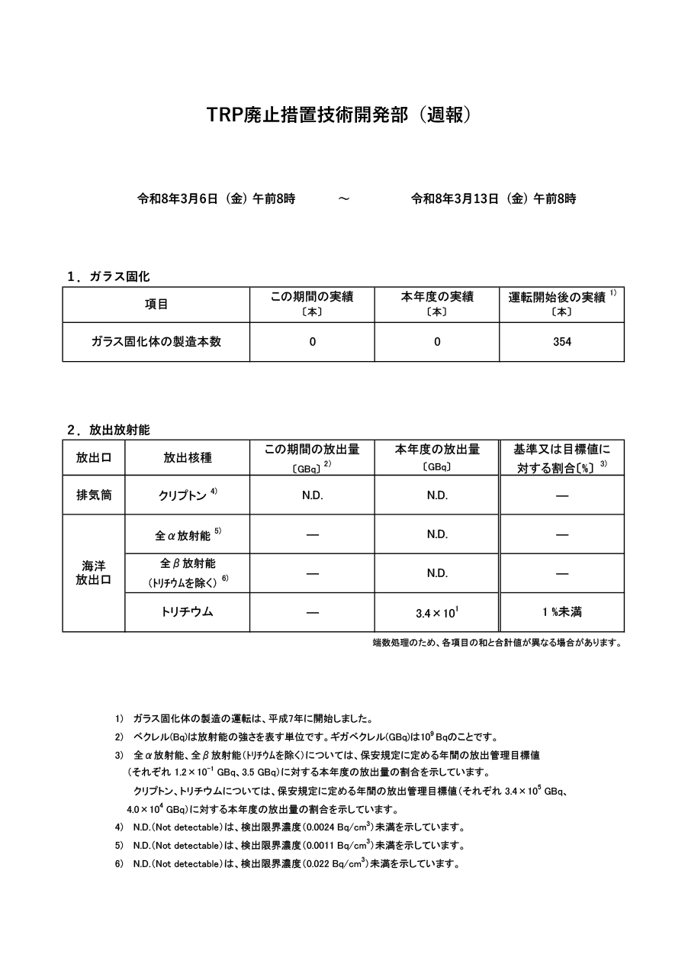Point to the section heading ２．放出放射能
click(x=108, y=430)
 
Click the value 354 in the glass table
click(x=562, y=342)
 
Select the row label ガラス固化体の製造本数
click(x=156, y=342)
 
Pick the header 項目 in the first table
click(x=156, y=304)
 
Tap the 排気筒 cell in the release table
click(x=94, y=495)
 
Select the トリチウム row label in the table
click(x=187, y=612)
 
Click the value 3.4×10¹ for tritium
click(x=437, y=612)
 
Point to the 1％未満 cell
click(x=562, y=612)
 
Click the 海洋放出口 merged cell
click(x=94, y=572)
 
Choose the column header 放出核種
click(x=187, y=458)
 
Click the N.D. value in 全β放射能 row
click(x=437, y=573)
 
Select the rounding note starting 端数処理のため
click(x=497, y=643)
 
